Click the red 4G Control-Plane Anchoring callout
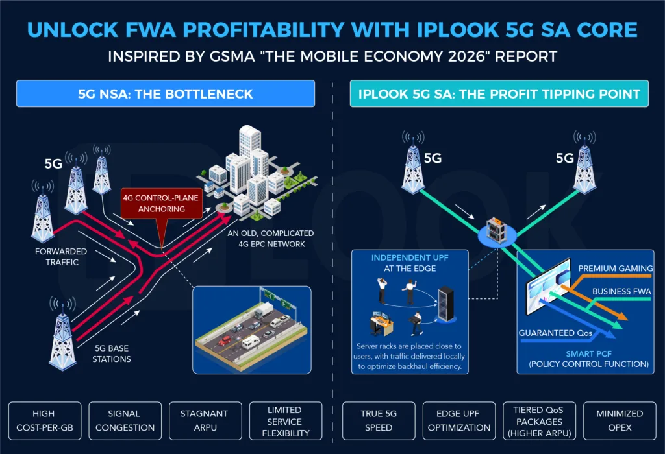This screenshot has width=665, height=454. click(162, 203)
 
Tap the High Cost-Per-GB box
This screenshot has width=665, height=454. click(45, 421)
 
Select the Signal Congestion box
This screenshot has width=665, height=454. click(125, 421)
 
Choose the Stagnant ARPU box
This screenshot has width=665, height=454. click(205, 421)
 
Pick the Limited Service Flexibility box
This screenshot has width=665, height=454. click(286, 421)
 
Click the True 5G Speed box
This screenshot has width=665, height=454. click(379, 421)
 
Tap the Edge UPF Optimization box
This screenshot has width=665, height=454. click(459, 421)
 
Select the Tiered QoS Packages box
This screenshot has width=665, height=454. click(540, 421)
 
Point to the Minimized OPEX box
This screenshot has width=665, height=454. click(620, 421)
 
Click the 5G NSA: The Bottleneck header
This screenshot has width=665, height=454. click(166, 93)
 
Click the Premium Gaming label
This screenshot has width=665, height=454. click(616, 269)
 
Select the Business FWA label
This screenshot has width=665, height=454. click(621, 291)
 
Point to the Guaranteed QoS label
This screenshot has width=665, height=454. click(555, 333)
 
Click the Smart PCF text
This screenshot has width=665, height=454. click(588, 353)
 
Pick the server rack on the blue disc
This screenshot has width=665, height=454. click(497, 230)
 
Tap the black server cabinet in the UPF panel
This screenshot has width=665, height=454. click(446, 304)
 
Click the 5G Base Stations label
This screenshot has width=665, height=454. click(112, 353)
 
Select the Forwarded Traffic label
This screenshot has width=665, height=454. click(61, 257)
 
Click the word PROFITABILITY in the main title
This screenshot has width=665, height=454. click(263, 30)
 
